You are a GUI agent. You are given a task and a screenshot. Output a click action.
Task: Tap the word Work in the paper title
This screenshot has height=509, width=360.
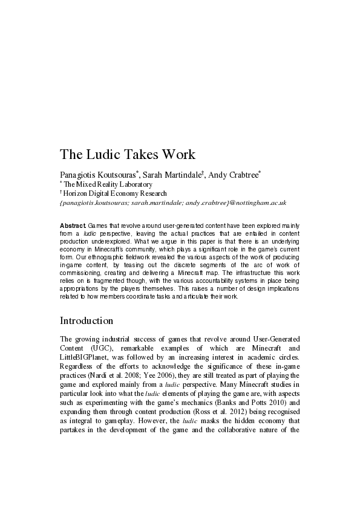[x=178, y=154]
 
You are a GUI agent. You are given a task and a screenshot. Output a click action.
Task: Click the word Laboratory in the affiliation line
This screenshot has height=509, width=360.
[x=131, y=184]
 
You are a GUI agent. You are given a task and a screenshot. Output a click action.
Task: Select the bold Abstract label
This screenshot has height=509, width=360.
[x=73, y=225]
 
